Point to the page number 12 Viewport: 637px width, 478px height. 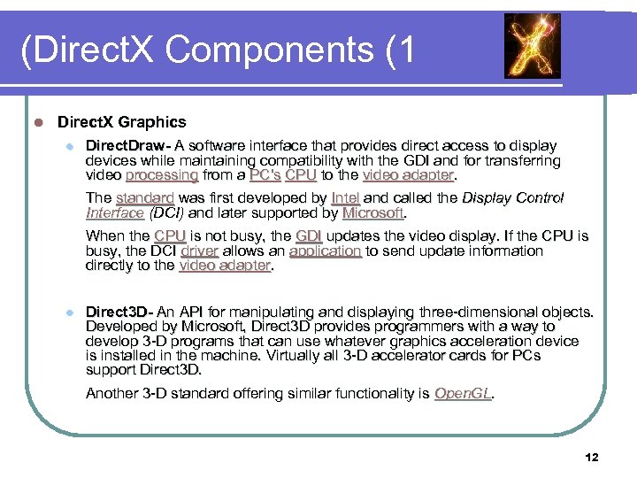point(592,457)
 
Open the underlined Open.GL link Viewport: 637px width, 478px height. point(463,393)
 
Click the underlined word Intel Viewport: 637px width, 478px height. point(345,198)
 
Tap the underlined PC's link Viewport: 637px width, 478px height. point(265,175)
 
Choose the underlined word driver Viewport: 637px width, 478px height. point(199,251)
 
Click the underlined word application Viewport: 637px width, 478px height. point(325,251)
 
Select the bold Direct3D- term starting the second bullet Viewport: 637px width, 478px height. point(119,312)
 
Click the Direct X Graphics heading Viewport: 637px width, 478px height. point(122,121)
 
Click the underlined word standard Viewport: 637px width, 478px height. point(144,198)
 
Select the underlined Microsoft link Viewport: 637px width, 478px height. point(372,213)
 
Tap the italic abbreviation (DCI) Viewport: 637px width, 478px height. point(165,213)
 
